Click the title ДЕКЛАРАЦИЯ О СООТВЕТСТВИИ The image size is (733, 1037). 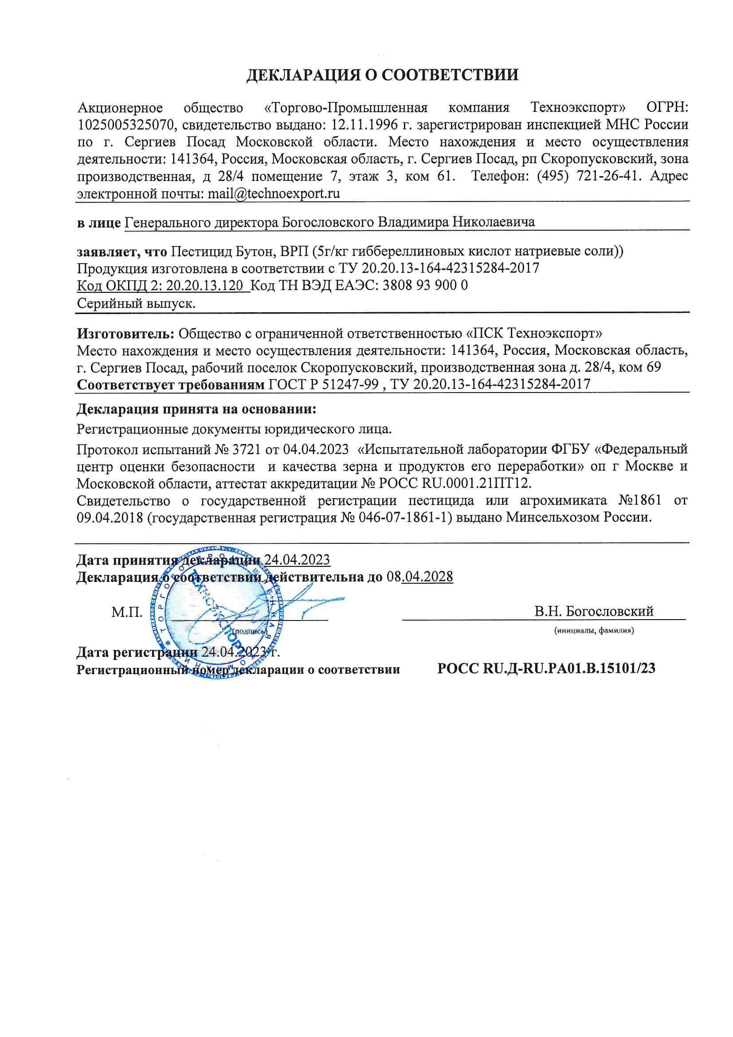(x=382, y=75)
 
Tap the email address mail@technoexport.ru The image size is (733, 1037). (x=273, y=194)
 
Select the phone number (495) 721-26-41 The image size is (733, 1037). (x=588, y=176)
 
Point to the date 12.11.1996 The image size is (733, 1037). (x=365, y=125)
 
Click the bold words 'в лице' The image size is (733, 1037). (x=98, y=223)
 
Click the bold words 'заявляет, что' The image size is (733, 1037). (x=122, y=251)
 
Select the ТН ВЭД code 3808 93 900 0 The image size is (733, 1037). (x=425, y=286)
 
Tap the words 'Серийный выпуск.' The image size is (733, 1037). (x=136, y=303)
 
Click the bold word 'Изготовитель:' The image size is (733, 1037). (x=125, y=334)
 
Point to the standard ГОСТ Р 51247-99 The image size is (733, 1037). (x=323, y=385)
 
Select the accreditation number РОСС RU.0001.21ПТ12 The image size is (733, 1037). (x=454, y=484)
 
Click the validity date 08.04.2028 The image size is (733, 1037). (x=419, y=577)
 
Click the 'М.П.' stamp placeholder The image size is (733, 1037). (x=127, y=613)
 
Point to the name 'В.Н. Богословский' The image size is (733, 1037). (x=593, y=612)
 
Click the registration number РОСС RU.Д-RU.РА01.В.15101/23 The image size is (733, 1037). (x=546, y=669)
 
